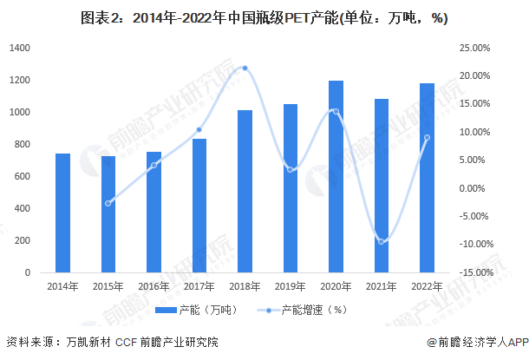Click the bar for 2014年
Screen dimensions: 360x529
[x=62, y=213]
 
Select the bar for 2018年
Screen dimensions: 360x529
[x=245, y=192]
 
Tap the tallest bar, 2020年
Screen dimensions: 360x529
[x=336, y=177]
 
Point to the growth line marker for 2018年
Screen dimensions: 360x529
[x=245, y=68]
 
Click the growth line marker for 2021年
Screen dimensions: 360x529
[x=381, y=241]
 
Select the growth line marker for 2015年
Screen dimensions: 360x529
[x=108, y=203]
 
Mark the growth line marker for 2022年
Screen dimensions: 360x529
[x=427, y=138]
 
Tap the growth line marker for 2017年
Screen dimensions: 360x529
[x=199, y=129]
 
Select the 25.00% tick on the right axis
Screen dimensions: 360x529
[x=473, y=48]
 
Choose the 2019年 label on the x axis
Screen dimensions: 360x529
[x=290, y=285]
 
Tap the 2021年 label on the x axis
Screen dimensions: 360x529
[x=381, y=285]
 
